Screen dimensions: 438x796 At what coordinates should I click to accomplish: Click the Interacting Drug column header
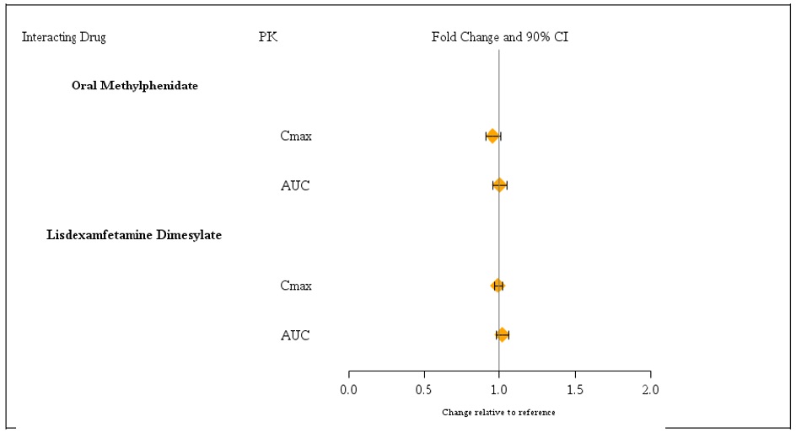tap(63, 37)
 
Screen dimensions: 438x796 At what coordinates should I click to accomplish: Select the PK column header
tap(268, 37)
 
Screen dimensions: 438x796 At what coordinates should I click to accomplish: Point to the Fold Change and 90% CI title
tap(500, 37)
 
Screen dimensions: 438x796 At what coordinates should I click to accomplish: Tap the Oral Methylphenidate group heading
tap(135, 85)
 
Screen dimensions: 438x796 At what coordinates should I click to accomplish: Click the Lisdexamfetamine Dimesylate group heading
tap(134, 235)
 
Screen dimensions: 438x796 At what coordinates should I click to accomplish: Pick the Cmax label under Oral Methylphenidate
tap(296, 136)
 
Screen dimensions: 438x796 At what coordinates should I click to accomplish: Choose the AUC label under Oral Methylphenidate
tap(295, 185)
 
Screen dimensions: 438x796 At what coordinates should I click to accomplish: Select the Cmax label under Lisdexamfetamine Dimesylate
tap(296, 286)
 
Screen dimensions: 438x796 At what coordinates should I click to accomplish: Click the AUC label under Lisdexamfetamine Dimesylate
tap(295, 335)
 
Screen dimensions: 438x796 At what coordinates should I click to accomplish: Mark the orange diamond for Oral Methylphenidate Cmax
tap(492, 136)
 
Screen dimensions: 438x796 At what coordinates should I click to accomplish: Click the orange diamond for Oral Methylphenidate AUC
tap(499, 185)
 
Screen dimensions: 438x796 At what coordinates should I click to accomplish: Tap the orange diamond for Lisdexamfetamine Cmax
tap(497, 286)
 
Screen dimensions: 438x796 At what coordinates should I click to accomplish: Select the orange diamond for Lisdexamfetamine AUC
tap(502, 335)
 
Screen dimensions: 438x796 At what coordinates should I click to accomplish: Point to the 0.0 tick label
tap(348, 390)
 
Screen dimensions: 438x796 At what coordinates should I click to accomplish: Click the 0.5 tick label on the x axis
tap(423, 390)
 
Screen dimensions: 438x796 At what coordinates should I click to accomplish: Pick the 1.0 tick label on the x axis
tap(499, 390)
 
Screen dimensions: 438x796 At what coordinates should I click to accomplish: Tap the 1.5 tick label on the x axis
tap(574, 390)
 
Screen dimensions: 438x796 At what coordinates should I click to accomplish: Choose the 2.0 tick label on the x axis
tap(650, 390)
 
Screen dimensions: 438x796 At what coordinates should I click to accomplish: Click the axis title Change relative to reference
tap(498, 413)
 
